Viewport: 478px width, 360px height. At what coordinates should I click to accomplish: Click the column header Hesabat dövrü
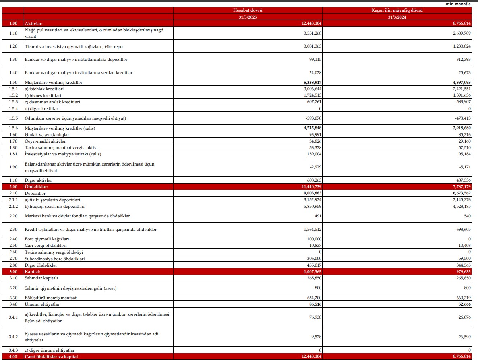point(248,10)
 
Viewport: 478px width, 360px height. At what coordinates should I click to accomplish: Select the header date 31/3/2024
point(397,17)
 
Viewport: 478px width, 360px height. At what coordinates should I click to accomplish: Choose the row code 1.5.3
point(13,102)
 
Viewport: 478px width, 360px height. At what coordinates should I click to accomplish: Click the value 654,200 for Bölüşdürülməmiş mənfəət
point(312,298)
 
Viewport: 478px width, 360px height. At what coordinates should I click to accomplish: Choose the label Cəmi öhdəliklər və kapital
point(51,356)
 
